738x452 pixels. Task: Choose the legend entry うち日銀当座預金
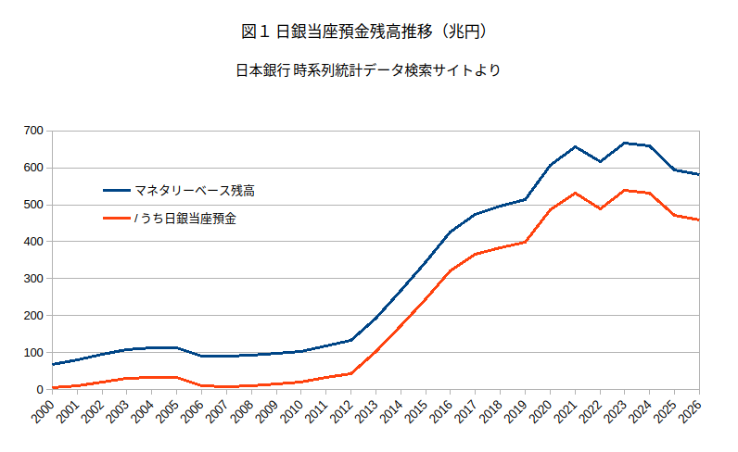tap(185, 219)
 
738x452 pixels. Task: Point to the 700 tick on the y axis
tap(34, 131)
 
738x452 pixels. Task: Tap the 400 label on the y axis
tap(34, 242)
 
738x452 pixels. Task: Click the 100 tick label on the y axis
tap(34, 353)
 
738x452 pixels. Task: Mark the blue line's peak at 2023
tap(625, 143)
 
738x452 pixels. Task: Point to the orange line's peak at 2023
tap(625, 190)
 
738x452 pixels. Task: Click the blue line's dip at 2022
tap(600, 161)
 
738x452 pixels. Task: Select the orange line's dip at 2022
tap(600, 208)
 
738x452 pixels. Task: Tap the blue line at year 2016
tap(451, 232)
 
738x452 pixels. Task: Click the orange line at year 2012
tap(350, 373)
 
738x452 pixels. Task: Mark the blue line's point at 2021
tap(575, 146)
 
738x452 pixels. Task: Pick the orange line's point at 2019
tap(525, 242)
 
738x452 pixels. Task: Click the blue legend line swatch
tap(116, 191)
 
